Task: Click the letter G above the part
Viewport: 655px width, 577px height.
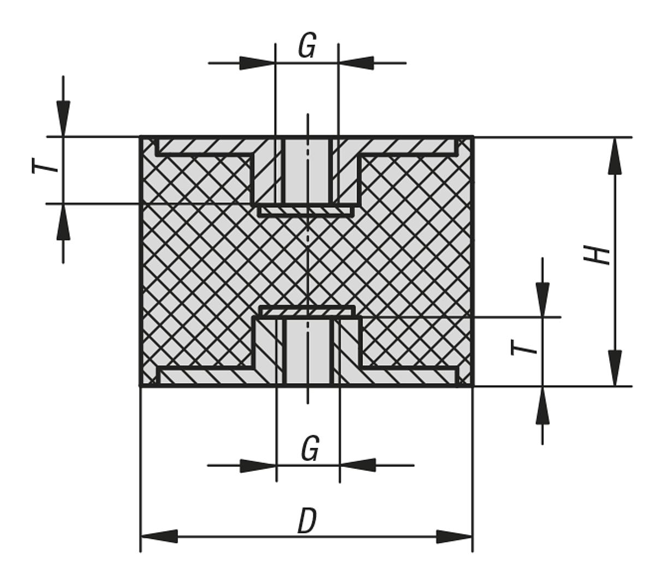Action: coord(307,46)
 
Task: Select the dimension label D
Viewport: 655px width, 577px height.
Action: coord(307,521)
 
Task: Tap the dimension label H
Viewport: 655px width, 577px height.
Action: coord(597,255)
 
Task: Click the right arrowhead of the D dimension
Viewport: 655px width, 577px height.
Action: coord(454,537)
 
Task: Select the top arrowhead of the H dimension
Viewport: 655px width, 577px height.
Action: coord(615,155)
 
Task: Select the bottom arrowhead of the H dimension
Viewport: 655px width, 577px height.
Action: coord(615,368)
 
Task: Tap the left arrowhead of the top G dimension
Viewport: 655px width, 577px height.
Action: coord(257,63)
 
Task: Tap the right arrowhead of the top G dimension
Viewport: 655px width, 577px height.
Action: coord(356,63)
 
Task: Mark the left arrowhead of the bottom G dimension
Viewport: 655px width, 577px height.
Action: coord(258,466)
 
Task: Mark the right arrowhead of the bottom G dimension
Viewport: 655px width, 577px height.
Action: coord(358,466)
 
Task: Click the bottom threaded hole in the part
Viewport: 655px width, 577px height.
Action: coord(308,352)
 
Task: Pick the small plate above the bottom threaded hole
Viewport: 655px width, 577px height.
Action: coord(306,311)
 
